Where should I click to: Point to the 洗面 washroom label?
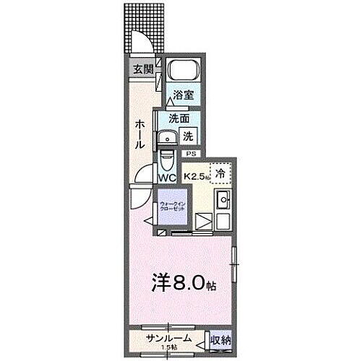(x=179, y=118)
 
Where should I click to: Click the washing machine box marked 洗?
(x=187, y=135)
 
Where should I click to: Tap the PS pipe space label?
(x=191, y=154)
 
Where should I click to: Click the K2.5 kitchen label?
(x=196, y=175)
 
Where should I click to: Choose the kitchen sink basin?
(x=224, y=200)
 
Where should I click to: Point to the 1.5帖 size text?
(x=167, y=347)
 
